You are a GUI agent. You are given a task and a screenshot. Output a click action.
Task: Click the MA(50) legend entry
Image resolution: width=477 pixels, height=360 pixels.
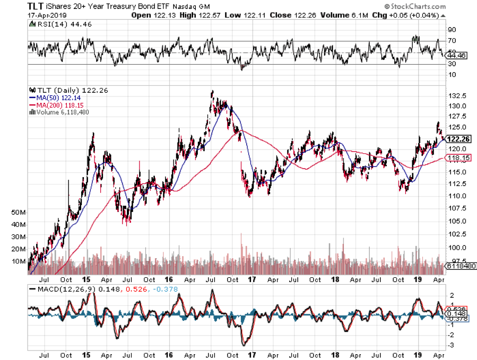(51, 98)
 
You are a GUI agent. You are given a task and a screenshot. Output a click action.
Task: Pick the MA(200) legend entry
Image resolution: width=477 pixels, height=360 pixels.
(53, 105)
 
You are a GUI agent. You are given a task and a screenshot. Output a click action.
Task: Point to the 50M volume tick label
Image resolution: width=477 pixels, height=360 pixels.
(19, 212)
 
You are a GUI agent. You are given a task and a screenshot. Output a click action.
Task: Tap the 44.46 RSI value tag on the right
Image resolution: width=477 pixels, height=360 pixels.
(457, 55)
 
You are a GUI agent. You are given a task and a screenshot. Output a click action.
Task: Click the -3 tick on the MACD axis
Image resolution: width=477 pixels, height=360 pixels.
(452, 345)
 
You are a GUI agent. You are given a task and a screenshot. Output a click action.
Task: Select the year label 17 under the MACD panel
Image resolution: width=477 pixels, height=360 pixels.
(253, 354)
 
